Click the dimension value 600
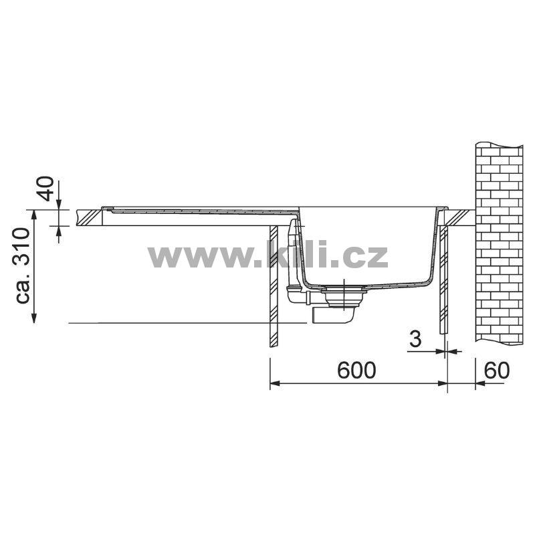point(356,370)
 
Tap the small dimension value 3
point(415,339)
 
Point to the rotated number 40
point(45,189)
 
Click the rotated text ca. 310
point(23,265)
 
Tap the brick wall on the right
point(499,243)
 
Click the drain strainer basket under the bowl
point(344,298)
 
